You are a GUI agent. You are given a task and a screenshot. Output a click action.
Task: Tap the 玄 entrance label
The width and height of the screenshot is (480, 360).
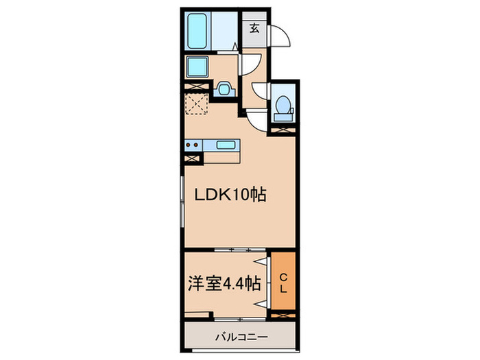[254, 29]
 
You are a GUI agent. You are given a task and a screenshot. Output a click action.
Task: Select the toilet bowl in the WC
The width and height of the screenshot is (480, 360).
[283, 106]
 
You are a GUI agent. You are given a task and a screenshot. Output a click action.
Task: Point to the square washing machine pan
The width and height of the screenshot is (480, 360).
[198, 67]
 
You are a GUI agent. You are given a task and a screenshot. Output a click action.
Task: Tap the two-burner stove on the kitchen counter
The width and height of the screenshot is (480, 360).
[193, 145]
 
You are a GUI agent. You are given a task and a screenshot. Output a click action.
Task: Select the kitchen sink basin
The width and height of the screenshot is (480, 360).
[226, 145]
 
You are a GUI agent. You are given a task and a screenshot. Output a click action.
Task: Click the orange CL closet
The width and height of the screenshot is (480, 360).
[283, 283]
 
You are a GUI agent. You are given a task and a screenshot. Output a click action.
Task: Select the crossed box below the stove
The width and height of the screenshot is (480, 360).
[192, 157]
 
